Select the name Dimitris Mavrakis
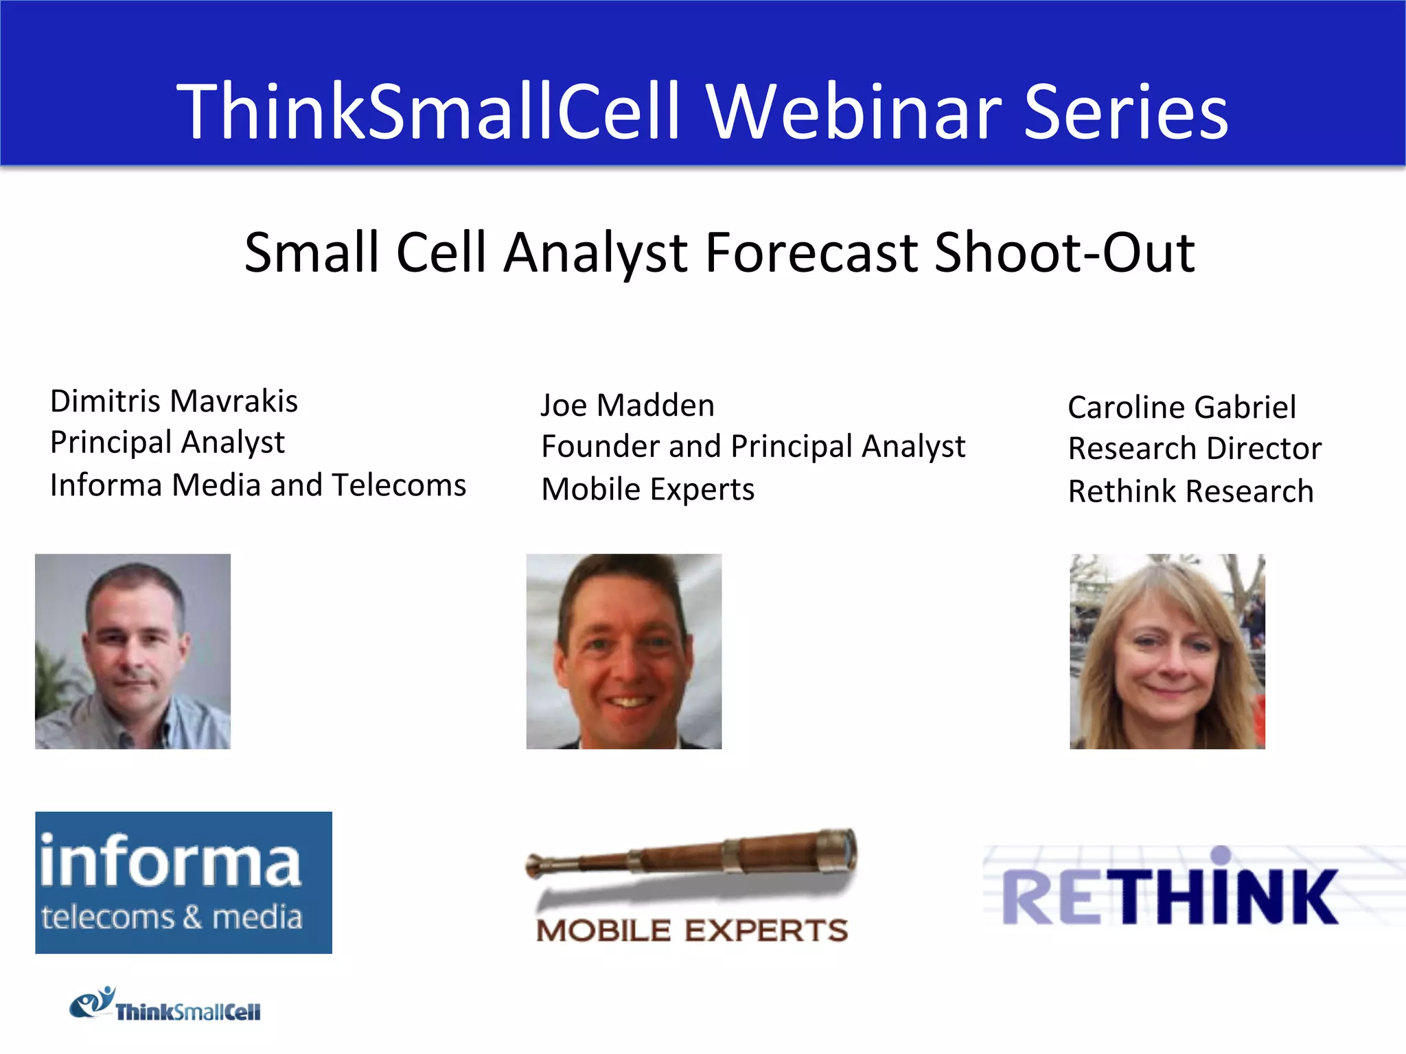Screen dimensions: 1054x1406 pyautogui.click(x=174, y=401)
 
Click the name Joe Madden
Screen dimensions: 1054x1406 pyautogui.click(x=627, y=406)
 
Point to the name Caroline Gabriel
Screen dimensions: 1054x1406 pyautogui.click(x=1182, y=408)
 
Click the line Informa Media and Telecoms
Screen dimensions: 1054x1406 pyautogui.click(x=258, y=485)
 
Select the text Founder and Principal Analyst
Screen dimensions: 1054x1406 pyautogui.click(x=753, y=447)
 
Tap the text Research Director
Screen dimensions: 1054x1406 pyautogui.click(x=1195, y=449)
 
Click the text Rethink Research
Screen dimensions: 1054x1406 pyautogui.click(x=1190, y=491)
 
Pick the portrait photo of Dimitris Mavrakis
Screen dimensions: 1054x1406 pyautogui.click(x=133, y=651)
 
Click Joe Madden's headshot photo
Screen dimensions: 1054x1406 pyautogui.click(x=623, y=651)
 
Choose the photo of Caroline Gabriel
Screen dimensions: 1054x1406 pyautogui.click(x=1167, y=651)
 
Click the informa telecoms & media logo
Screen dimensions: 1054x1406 pyautogui.click(x=183, y=882)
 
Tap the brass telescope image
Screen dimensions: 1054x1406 pyautogui.click(x=692, y=858)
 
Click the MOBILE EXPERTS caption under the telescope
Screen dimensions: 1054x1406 pyautogui.click(x=692, y=931)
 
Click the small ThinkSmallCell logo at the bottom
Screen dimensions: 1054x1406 pyautogui.click(x=165, y=1005)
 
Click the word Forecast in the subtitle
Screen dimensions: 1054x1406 pyautogui.click(x=811, y=253)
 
